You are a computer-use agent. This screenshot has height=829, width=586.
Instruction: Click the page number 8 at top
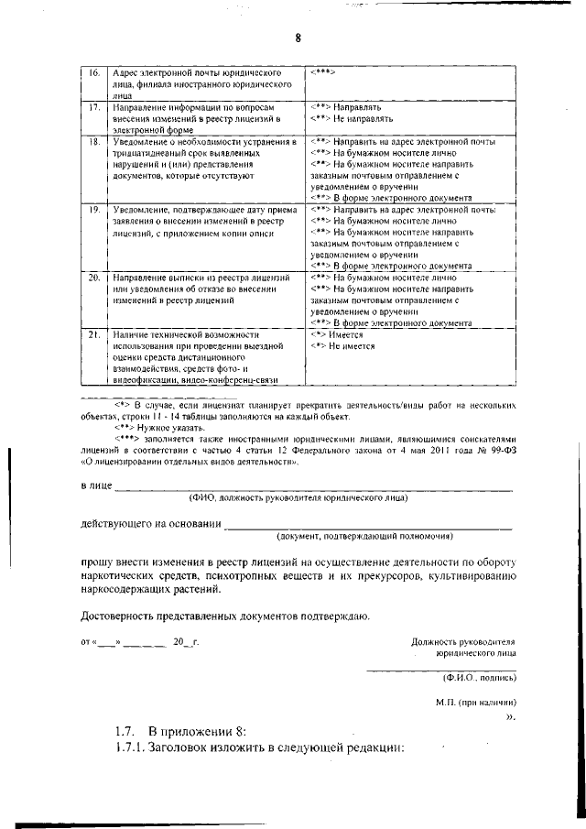298,38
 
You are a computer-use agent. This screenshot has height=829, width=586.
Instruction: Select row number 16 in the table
93,72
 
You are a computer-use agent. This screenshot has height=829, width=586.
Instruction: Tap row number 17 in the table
93,107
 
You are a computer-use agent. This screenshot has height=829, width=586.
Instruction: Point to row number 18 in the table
93,143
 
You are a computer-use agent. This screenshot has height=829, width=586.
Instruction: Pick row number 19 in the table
93,210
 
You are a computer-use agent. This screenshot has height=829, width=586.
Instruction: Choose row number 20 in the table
93,277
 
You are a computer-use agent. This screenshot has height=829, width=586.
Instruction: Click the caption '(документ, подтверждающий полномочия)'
366,536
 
